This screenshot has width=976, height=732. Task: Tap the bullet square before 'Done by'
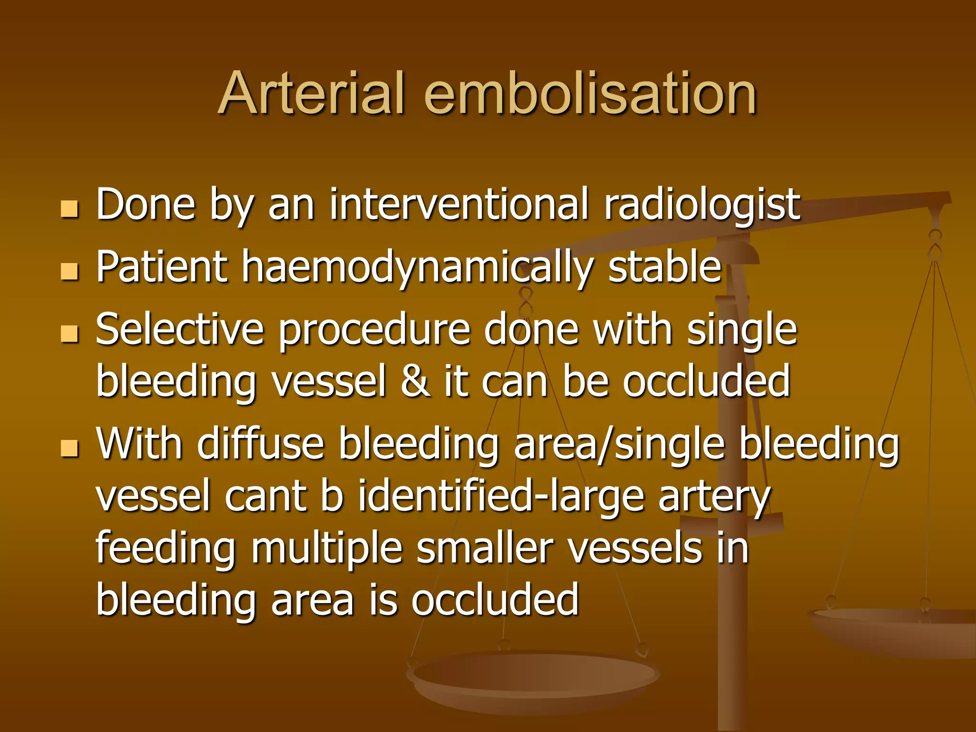pos(70,209)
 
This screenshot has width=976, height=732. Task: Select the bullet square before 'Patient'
pos(70,271)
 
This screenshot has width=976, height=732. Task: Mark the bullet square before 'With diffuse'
pos(70,448)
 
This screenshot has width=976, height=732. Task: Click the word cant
pos(265,497)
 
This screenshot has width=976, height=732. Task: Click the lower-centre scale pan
pos(533,677)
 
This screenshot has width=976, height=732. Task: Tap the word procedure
pos(374,330)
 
